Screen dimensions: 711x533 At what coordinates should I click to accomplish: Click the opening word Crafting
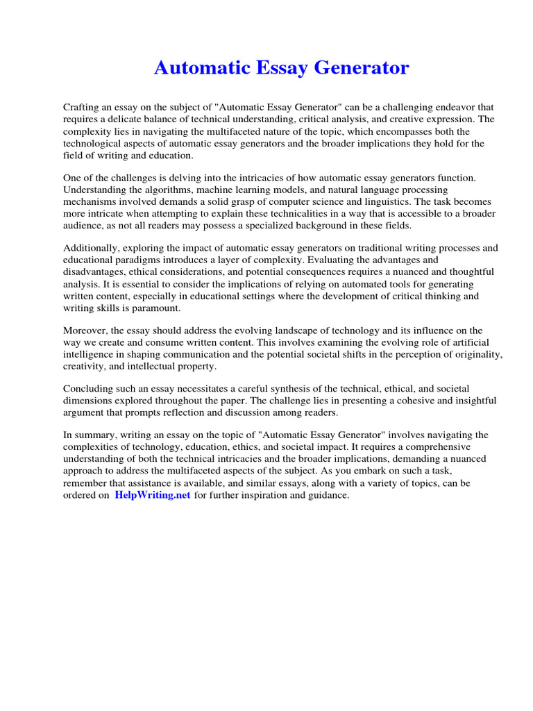point(82,107)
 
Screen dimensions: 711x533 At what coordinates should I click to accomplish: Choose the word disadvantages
point(96,272)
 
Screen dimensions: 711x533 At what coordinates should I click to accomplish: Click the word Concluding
point(90,390)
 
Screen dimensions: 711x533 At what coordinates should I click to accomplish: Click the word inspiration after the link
point(271,496)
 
